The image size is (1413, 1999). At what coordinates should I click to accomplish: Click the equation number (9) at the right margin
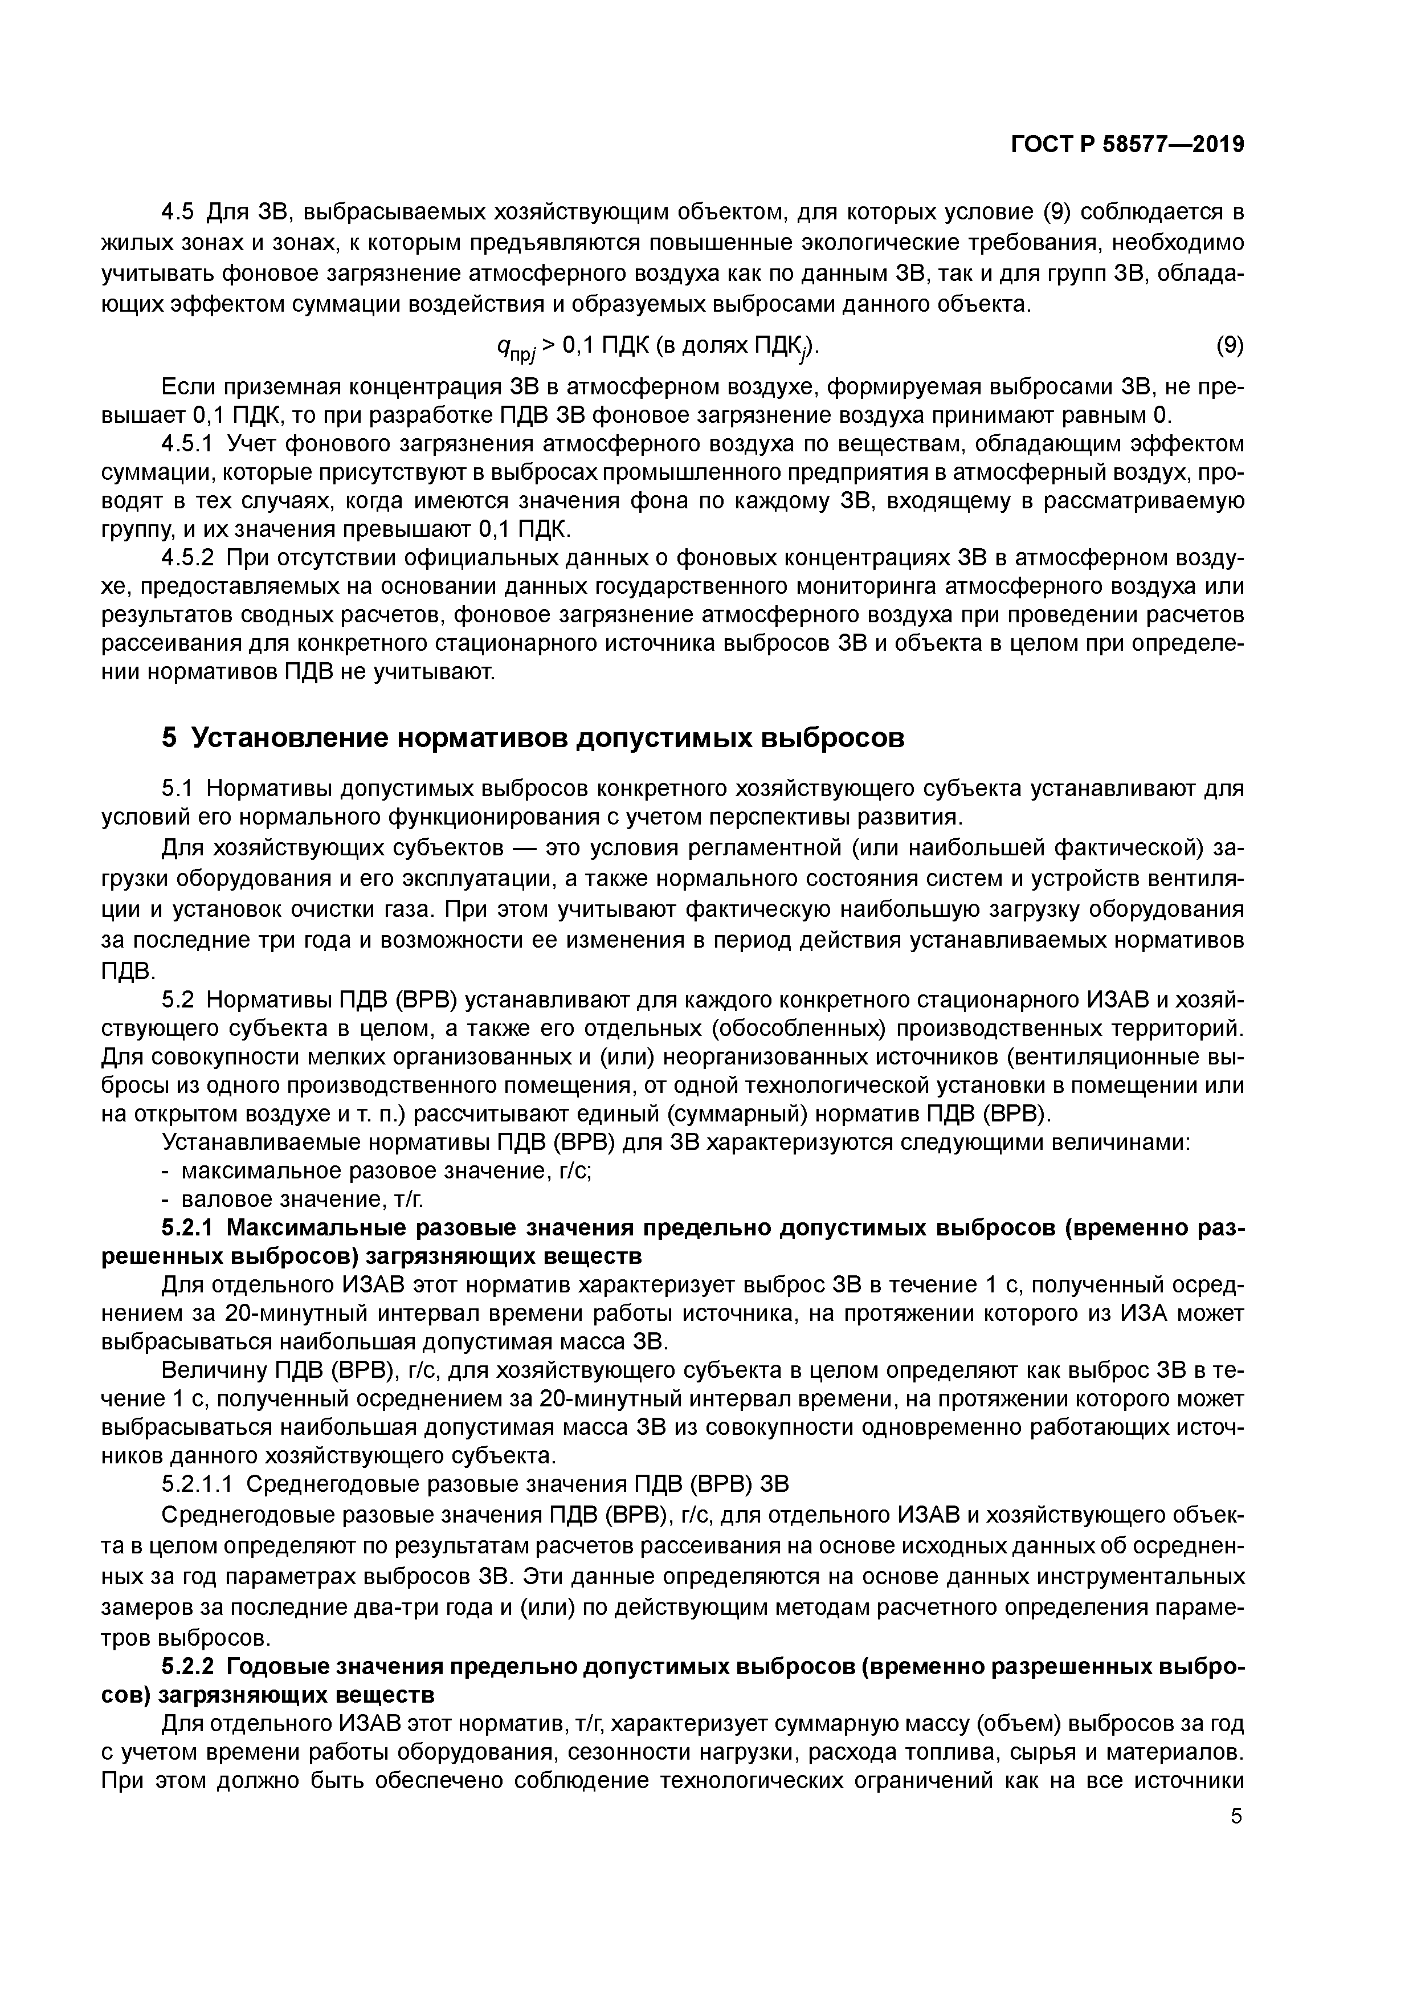[1230, 346]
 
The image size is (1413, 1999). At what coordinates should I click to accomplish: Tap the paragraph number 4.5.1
[187, 444]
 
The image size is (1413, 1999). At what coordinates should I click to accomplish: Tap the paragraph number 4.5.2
[187, 558]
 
